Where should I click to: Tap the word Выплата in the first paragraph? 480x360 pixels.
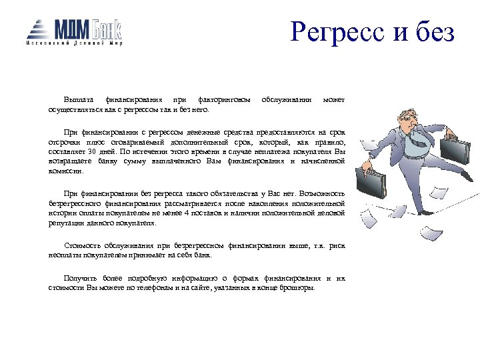[79, 100]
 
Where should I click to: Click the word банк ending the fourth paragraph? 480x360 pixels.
[203, 255]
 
